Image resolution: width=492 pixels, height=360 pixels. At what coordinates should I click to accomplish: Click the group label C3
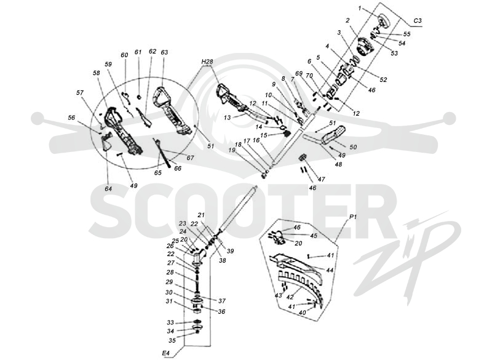(418, 21)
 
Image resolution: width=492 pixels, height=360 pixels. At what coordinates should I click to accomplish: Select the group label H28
(207, 62)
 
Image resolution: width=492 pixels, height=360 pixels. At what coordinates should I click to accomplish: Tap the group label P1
(352, 217)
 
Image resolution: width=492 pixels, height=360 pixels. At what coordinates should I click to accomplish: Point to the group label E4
(165, 353)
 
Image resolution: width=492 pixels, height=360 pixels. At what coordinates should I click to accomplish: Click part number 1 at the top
(360, 9)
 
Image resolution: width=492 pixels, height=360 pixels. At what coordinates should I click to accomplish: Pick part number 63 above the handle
(164, 52)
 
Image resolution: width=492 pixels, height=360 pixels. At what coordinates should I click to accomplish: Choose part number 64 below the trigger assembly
(108, 189)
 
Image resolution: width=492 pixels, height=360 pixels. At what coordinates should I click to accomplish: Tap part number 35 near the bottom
(172, 340)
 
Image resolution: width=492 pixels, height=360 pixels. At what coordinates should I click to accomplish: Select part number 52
(383, 80)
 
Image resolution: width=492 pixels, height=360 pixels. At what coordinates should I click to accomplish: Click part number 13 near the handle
(227, 118)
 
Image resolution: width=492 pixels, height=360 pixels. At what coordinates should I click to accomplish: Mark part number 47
(321, 179)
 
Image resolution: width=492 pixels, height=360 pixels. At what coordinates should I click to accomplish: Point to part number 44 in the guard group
(330, 270)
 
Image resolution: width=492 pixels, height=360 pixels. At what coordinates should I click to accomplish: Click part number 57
(80, 92)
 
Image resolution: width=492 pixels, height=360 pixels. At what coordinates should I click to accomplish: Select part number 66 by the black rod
(178, 168)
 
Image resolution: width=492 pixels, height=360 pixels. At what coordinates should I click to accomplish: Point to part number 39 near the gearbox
(230, 251)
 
